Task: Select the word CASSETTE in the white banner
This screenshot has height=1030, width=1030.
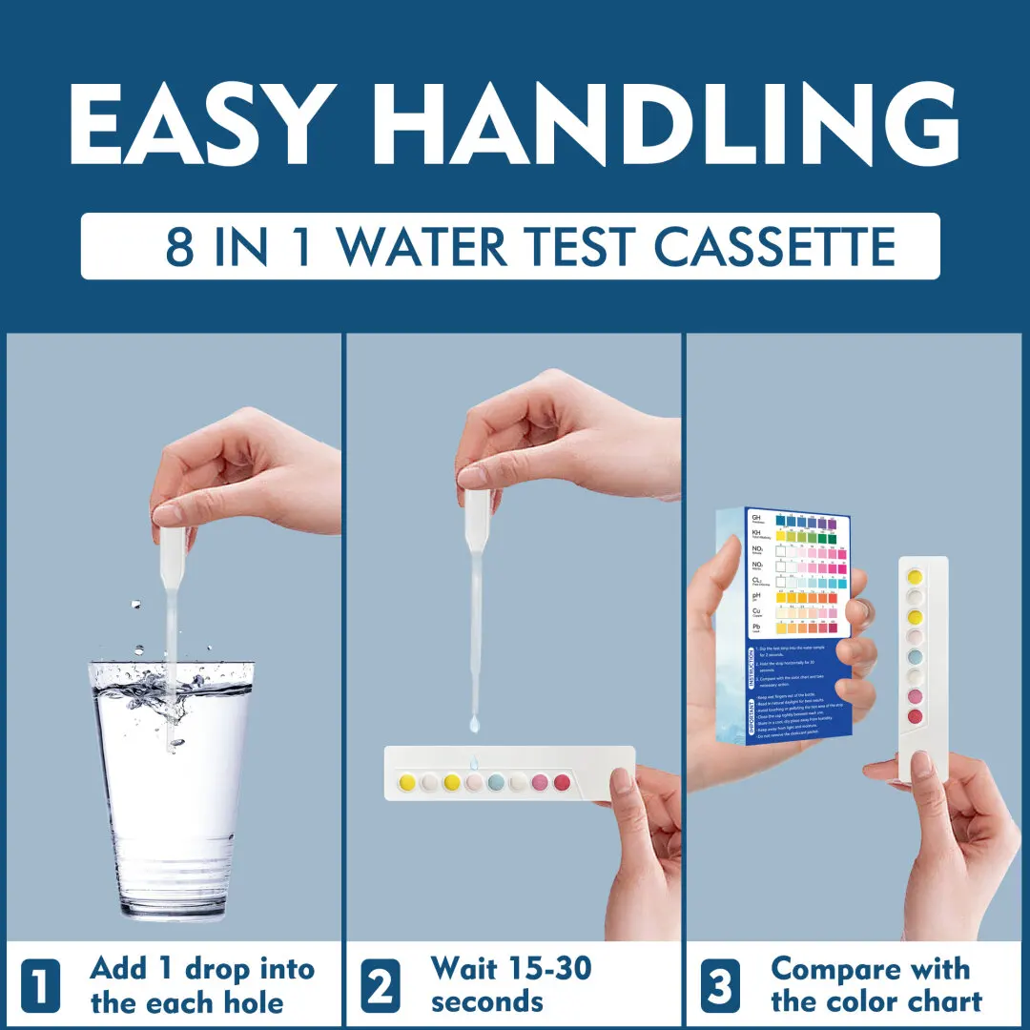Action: click(774, 246)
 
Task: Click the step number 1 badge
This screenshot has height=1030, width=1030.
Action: click(39, 985)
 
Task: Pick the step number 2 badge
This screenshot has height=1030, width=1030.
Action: click(380, 985)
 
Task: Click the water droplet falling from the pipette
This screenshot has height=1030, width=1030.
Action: click(474, 725)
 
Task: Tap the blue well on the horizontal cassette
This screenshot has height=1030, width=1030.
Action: click(496, 782)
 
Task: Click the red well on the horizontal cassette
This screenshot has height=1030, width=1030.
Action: click(562, 782)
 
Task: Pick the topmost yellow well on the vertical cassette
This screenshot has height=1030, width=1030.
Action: click(914, 576)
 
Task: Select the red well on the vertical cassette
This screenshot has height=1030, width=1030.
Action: click(914, 716)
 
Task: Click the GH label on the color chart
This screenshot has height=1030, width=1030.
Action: click(756, 517)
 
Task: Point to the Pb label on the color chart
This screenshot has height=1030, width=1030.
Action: click(756, 626)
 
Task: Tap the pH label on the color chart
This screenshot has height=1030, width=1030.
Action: click(756, 595)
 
